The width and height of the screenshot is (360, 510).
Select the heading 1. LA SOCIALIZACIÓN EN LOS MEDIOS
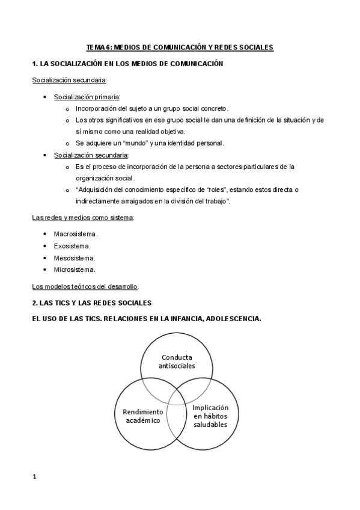point(127,63)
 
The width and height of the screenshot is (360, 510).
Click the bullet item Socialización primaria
point(87,97)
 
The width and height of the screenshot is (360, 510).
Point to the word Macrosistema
point(75,233)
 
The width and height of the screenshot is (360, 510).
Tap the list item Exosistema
point(72,245)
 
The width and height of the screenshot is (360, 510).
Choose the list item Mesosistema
point(75,257)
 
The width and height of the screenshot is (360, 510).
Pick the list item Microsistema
point(75,269)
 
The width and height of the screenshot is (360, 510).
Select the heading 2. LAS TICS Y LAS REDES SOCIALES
point(91,303)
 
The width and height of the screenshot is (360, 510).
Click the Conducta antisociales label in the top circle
point(176,361)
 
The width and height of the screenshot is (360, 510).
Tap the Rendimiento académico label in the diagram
point(139,416)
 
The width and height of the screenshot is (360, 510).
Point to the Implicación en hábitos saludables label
point(210,416)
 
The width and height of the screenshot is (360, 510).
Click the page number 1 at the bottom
point(34,477)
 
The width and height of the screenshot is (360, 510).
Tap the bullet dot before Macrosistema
point(46,234)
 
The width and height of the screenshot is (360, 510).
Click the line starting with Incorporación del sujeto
point(151,109)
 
